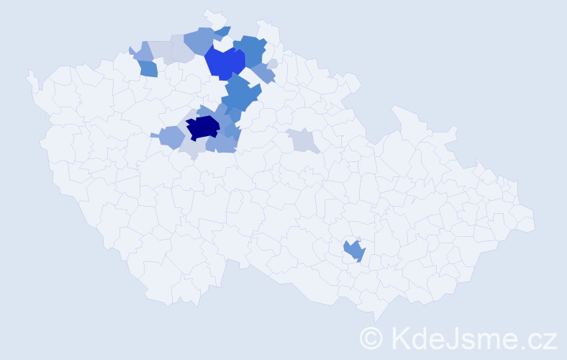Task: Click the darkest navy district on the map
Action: pos(203,127)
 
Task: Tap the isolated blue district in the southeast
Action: pos(354,251)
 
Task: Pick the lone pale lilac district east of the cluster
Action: pos(302,140)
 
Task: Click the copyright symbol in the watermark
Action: pos(371,337)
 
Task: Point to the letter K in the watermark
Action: pos(400,337)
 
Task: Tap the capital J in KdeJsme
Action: pos(453,337)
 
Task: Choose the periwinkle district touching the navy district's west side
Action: pos(171,135)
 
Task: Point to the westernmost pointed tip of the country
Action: pos(29,73)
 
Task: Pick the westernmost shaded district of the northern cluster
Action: pos(141,52)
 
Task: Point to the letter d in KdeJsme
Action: pos(419,337)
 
